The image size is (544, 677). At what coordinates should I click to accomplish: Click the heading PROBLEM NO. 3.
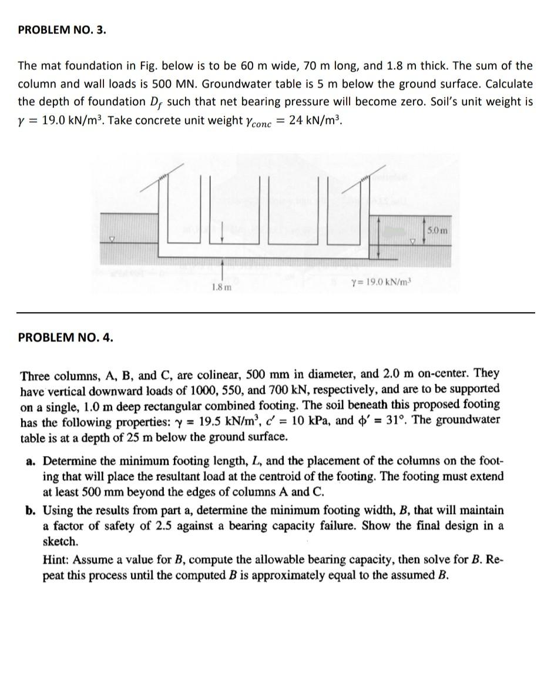point(62,31)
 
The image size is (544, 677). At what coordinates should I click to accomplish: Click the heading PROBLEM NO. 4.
point(66,337)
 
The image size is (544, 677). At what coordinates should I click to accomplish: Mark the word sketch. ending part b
point(61,541)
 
